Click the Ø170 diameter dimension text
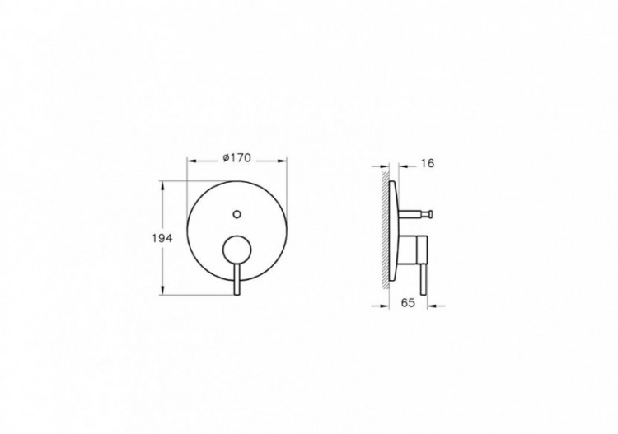coord(236,160)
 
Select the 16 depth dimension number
coord(427,163)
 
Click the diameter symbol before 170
coord(225,160)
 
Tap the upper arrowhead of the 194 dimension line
coord(169,185)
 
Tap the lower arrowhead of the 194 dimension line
coord(169,290)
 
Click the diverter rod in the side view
coord(416,216)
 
